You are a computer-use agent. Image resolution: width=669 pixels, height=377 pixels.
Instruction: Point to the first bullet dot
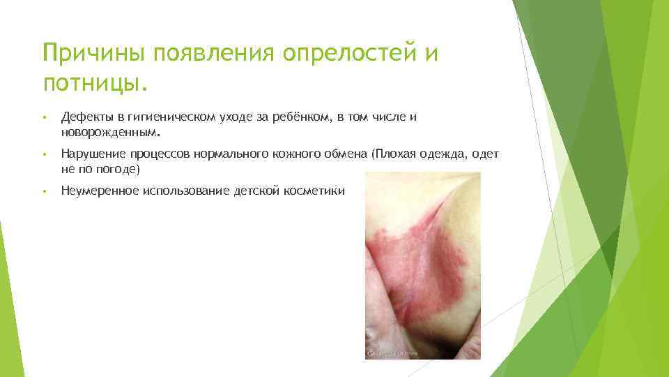44,118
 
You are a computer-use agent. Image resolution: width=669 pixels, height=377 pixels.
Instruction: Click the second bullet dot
44,155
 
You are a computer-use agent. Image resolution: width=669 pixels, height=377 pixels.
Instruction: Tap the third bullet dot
44,191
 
